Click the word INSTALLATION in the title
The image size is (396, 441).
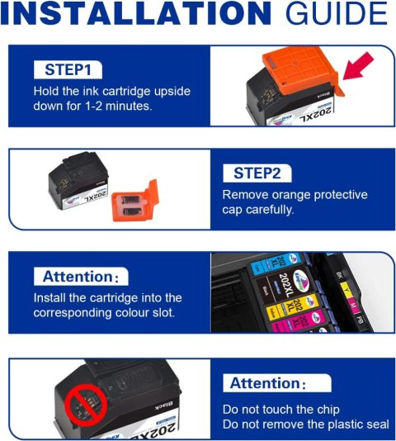(x=137, y=13)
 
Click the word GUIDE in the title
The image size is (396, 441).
(x=337, y=13)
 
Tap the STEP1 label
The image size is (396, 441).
(x=68, y=69)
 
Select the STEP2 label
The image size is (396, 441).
(x=257, y=173)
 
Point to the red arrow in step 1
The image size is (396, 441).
(x=358, y=67)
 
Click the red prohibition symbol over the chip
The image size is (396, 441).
(x=86, y=405)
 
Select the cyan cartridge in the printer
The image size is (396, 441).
(x=276, y=263)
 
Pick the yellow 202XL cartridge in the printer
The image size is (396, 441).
(x=292, y=306)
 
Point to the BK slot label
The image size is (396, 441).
(x=339, y=275)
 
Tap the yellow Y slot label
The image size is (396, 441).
(x=346, y=290)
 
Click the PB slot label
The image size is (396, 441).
(x=360, y=320)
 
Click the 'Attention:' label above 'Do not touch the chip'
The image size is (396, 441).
(x=267, y=383)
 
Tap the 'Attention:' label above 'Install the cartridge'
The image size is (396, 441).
(x=81, y=277)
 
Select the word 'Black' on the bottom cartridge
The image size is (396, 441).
(x=164, y=405)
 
